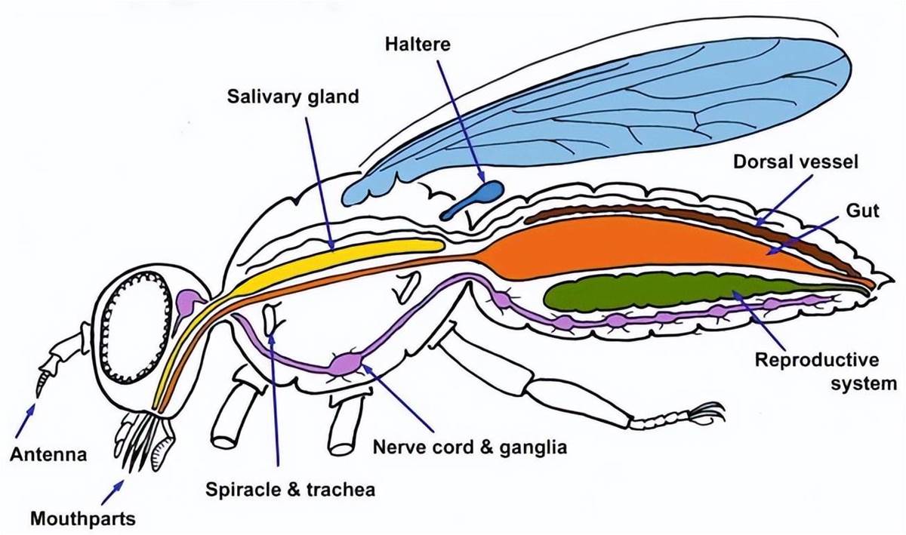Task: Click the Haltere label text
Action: [x=418, y=44]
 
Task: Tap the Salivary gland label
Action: [x=293, y=97]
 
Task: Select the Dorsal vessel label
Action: [x=795, y=162]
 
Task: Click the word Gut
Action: [x=862, y=211]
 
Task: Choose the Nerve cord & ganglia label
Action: [x=470, y=447]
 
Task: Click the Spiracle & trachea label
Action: [x=290, y=490]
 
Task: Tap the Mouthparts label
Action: [x=83, y=518]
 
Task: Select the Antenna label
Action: [x=48, y=454]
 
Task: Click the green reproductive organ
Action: [x=671, y=292]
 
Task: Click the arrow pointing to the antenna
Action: [x=24, y=420]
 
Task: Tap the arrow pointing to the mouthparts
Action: [x=112, y=492]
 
